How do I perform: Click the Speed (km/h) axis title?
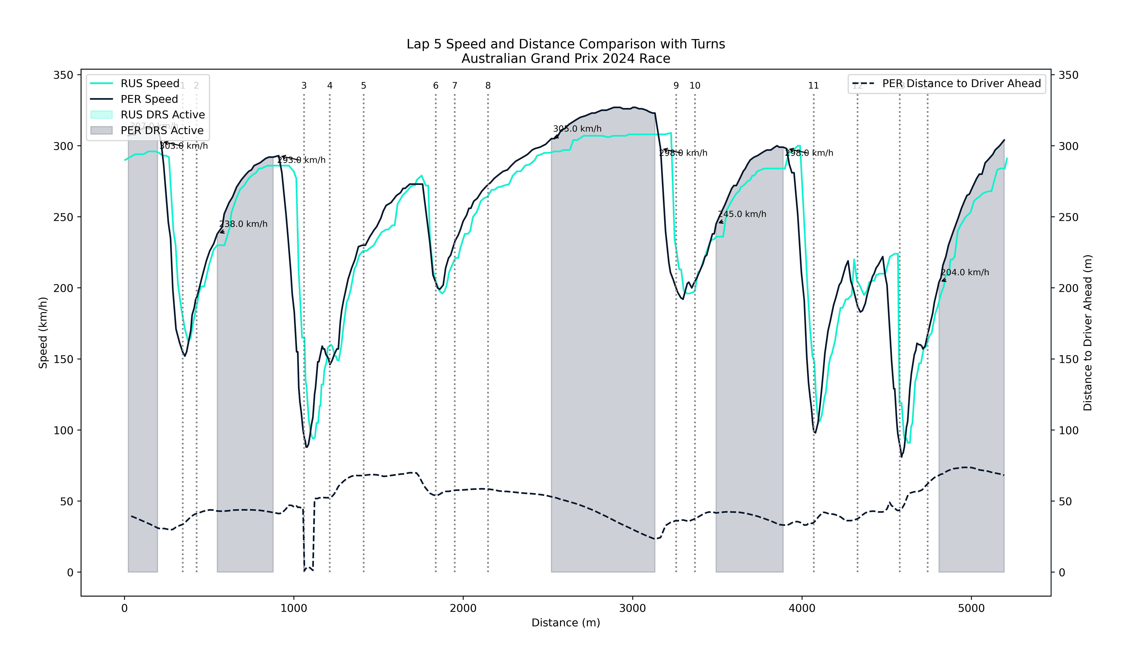43,333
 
